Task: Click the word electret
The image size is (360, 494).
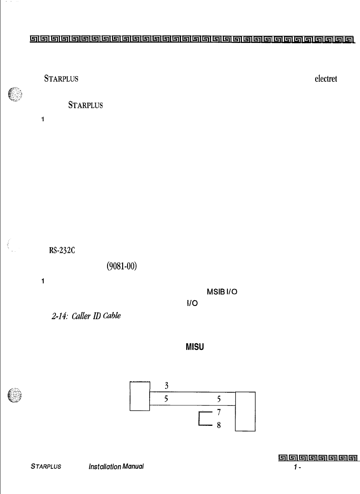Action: tap(325, 79)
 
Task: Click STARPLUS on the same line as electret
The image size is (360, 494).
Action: tap(61, 79)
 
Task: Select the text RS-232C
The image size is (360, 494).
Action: tap(62, 251)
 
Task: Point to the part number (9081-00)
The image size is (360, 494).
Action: tap(122, 266)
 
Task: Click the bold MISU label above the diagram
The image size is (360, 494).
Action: tap(195, 347)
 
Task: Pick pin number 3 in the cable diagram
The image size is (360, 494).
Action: tap(166, 385)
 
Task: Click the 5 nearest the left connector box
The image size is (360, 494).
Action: tap(166, 399)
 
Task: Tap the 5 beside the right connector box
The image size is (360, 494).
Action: tap(219, 399)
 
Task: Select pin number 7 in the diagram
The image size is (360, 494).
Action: tap(219, 412)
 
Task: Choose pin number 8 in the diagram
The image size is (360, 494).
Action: tap(219, 425)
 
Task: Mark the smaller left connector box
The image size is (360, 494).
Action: tap(140, 396)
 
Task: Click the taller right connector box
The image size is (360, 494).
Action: tap(245, 411)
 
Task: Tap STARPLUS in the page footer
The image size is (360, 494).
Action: tap(46, 466)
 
